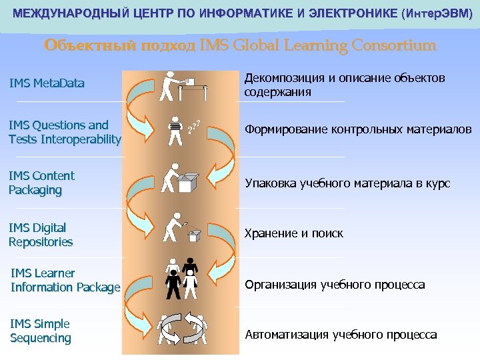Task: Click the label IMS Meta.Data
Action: pyautogui.click(x=47, y=83)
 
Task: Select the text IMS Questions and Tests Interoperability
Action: pyautogui.click(x=65, y=132)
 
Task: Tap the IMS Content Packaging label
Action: pyautogui.click(x=41, y=183)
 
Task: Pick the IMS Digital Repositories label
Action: pyautogui.click(x=41, y=235)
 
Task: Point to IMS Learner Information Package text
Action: pyautogui.click(x=65, y=280)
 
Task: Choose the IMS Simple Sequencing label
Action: pyautogui.click(x=40, y=331)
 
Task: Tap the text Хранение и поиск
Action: pyautogui.click(x=294, y=233)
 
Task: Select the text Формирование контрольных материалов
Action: pyautogui.click(x=358, y=129)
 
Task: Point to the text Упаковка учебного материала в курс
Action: pyautogui.click(x=347, y=183)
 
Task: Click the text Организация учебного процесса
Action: pyautogui.click(x=335, y=285)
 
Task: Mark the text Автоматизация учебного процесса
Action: pyautogui.click(x=341, y=335)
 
